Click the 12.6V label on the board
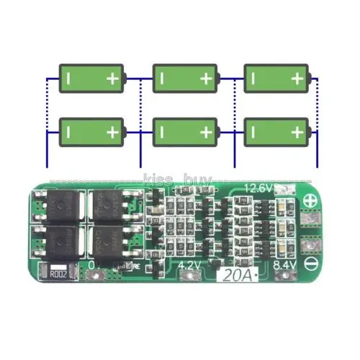pos(258,189)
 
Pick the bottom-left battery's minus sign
pos(68,132)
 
